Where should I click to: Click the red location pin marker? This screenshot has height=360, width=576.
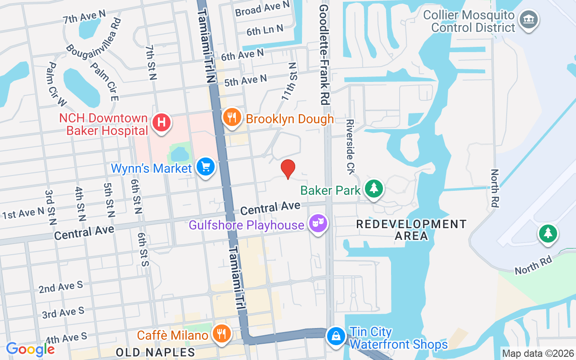(288, 169)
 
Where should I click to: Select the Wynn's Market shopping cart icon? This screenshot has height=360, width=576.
(206, 167)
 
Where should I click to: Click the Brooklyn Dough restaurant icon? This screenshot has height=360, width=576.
(232, 117)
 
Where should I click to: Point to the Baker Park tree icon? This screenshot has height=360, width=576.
(373, 189)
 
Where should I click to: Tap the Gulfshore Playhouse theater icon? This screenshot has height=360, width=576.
(318, 223)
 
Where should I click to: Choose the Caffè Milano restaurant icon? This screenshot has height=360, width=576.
(221, 334)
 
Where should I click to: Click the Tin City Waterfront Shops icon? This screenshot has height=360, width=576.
(336, 336)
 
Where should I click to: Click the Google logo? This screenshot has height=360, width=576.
(30, 349)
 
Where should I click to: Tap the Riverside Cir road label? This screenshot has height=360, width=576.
(351, 147)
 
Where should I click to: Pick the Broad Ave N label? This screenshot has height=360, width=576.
(262, 8)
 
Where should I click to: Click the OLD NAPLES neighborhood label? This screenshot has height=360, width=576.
(155, 352)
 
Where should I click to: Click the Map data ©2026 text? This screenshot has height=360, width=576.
(538, 354)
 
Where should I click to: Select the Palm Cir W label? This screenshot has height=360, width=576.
(56, 84)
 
